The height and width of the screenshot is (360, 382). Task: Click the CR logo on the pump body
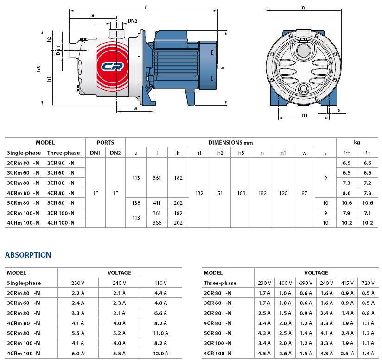point(113,66)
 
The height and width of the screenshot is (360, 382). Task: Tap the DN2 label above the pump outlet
point(133,21)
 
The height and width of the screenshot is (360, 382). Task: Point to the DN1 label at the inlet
point(58,51)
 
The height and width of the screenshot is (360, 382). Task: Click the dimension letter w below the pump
point(135,109)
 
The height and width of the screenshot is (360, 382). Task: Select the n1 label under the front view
point(305,115)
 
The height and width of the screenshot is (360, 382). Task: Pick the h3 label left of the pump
point(38,69)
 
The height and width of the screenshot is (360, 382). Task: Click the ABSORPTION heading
point(28,255)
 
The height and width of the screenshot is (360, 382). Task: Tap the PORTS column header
point(106,143)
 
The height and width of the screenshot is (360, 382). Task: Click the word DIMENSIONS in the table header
point(226,143)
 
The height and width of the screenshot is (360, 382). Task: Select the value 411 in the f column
point(157,203)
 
